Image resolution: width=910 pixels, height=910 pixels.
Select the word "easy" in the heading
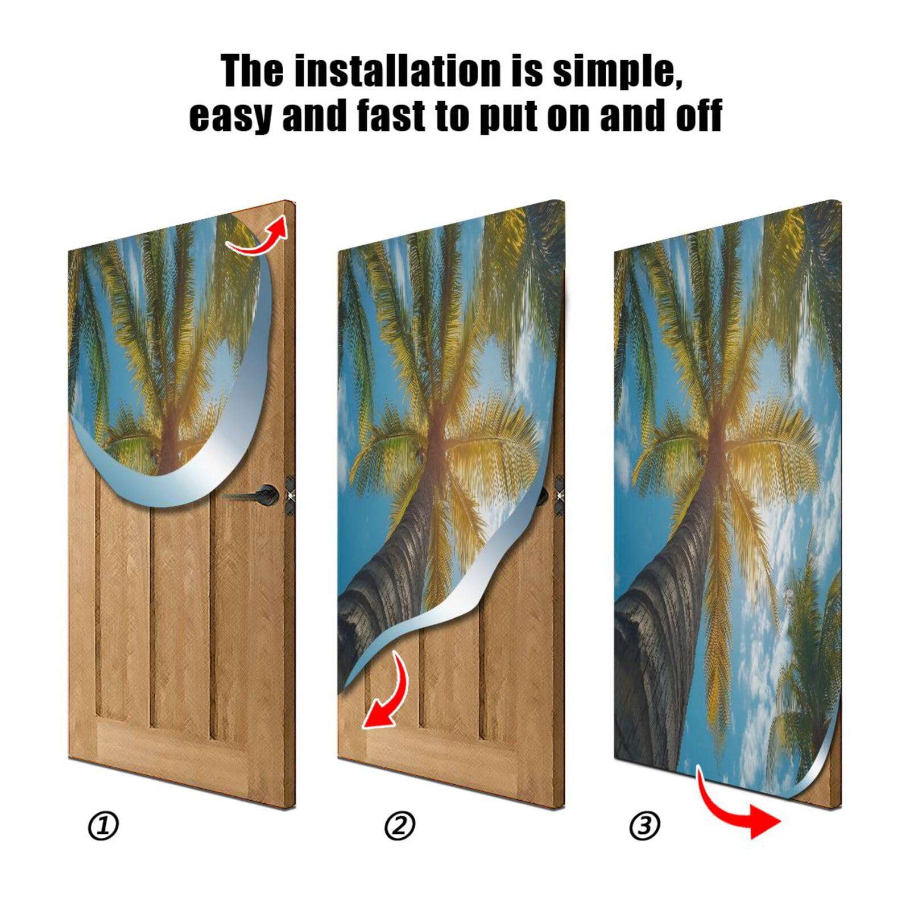point(229,115)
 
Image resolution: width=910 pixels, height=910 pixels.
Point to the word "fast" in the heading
point(392,115)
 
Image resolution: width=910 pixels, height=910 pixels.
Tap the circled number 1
point(104,825)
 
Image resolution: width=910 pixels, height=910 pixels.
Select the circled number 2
point(400,825)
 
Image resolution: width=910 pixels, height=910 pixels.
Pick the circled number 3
point(644,825)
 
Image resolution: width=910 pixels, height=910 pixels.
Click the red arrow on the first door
point(259,239)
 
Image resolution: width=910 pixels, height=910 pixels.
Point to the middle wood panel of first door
point(179,614)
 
